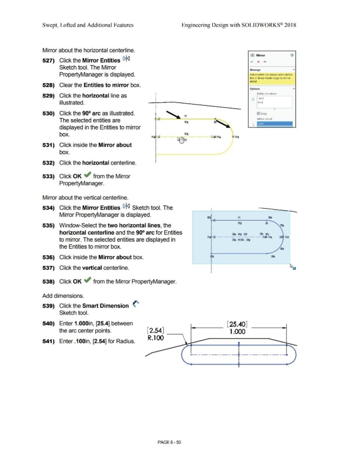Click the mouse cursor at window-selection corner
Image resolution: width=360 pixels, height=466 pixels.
(291, 267)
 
